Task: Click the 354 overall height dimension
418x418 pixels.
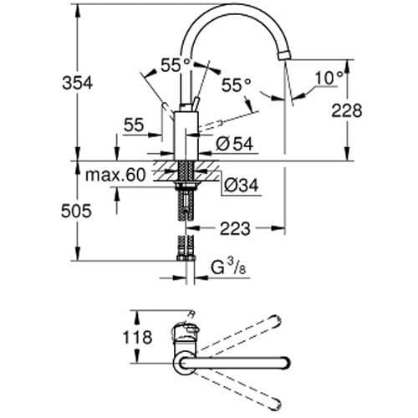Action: [x=74, y=83]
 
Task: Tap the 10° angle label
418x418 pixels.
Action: [x=328, y=78]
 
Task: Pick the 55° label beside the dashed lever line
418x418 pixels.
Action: [x=237, y=85]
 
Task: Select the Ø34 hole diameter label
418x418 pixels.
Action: [x=241, y=184]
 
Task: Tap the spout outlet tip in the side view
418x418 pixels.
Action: [x=286, y=52]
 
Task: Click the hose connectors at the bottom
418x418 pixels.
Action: [x=182, y=251]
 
